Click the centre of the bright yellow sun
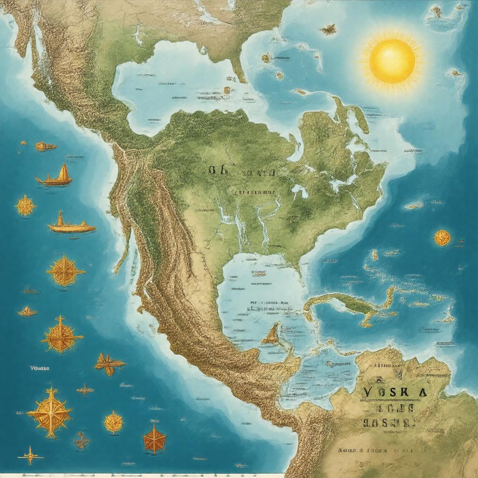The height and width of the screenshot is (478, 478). pos(392,61)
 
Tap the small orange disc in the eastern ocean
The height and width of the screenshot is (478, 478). pos(442,238)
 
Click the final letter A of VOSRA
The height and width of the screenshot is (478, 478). pos(423,391)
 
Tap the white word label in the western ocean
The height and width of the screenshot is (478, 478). pos(39,368)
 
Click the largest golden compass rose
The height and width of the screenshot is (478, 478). pos(49,412)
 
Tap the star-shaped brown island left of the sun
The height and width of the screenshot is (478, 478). pos(329,29)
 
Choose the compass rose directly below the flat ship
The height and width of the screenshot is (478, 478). pos(65,271)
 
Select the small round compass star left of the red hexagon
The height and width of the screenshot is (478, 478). pos(113,422)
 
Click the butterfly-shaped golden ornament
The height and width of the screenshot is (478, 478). pos(109,363)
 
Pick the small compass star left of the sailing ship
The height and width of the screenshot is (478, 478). pos(25,205)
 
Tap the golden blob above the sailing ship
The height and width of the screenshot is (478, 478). pos(45,147)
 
